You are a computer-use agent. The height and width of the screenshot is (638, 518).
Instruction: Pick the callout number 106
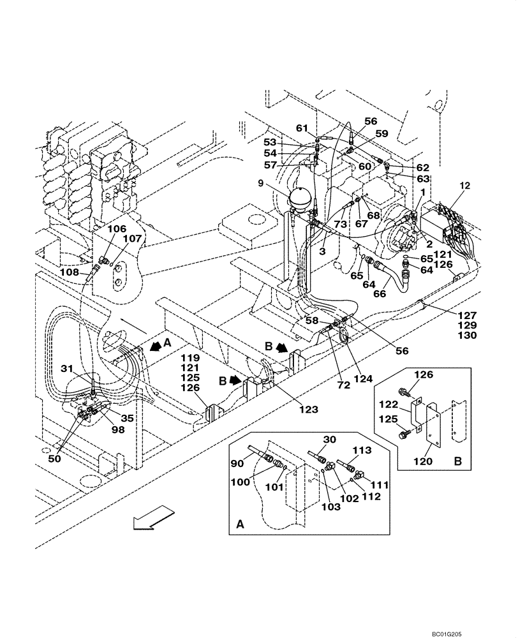click(117, 228)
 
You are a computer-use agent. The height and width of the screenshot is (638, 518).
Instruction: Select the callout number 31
click(68, 368)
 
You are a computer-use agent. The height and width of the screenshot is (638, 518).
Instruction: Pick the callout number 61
click(302, 128)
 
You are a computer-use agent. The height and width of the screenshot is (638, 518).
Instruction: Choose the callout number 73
click(340, 225)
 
